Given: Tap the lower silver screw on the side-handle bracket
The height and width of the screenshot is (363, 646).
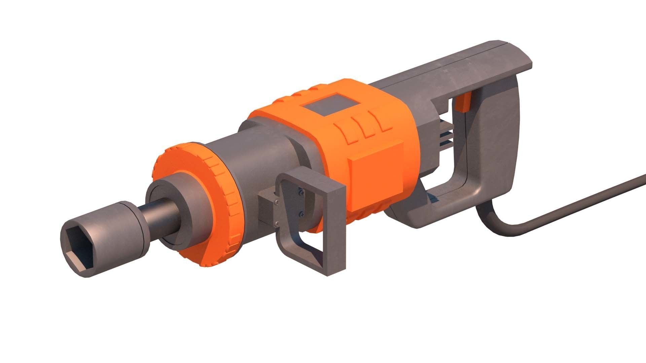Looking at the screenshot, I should pos(277,224).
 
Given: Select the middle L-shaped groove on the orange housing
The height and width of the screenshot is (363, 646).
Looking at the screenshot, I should pos(367,126).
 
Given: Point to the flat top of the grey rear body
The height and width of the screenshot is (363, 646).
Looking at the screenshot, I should pos(471,67).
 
